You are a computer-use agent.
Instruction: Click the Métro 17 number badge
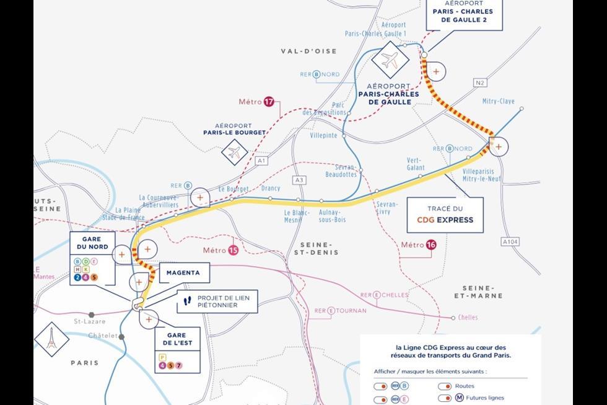[x=269, y=102]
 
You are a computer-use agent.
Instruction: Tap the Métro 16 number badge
[x=431, y=245]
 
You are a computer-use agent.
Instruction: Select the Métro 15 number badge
[x=233, y=250]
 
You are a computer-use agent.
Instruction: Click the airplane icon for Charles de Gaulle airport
[x=390, y=60]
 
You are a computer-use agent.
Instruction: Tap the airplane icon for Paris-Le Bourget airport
[x=234, y=152]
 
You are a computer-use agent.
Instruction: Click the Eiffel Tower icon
[x=52, y=339]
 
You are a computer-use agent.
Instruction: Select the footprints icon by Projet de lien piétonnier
[x=187, y=301]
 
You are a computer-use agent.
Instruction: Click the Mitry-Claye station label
[x=498, y=101]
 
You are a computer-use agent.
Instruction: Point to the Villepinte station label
[x=323, y=135]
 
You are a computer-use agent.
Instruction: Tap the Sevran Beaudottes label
[x=341, y=171]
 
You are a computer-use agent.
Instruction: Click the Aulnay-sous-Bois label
[x=332, y=216]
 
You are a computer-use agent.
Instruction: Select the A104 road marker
[x=510, y=241]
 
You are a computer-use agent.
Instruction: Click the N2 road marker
[x=480, y=82]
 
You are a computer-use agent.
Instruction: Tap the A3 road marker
[x=300, y=180]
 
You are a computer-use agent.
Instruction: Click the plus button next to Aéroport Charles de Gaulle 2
[x=436, y=71]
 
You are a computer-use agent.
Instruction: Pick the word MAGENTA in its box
[x=183, y=272]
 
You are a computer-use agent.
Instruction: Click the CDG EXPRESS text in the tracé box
[x=445, y=220]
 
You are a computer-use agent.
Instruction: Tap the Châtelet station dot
[x=122, y=337]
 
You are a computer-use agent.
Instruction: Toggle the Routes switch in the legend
[x=444, y=386]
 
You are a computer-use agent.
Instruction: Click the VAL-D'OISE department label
[x=300, y=51]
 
